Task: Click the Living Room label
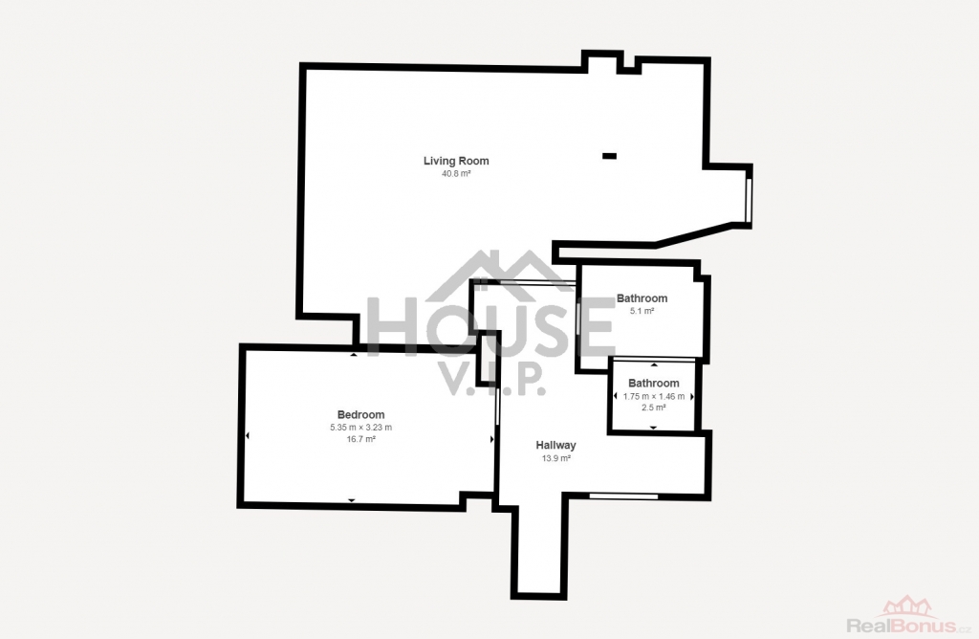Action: (x=456, y=161)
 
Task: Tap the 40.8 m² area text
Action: (x=456, y=174)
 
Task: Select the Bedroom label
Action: (x=360, y=415)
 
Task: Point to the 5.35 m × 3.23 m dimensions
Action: (x=360, y=428)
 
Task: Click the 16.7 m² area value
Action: (x=360, y=439)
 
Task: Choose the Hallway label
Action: (x=555, y=446)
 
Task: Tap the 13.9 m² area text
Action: (x=555, y=458)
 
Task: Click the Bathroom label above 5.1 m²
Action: (x=642, y=297)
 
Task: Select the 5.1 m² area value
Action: (x=642, y=311)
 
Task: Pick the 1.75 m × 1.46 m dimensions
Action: (x=654, y=396)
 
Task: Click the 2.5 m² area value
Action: (x=654, y=408)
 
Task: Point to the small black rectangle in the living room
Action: (x=609, y=156)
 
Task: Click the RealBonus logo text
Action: (x=902, y=626)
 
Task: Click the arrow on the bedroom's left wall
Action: (x=248, y=435)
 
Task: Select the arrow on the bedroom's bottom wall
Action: (x=352, y=500)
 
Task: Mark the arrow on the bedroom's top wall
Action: (x=354, y=355)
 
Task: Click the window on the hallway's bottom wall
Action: (x=623, y=496)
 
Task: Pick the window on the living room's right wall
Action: (x=748, y=200)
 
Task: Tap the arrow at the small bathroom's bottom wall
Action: (x=654, y=428)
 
